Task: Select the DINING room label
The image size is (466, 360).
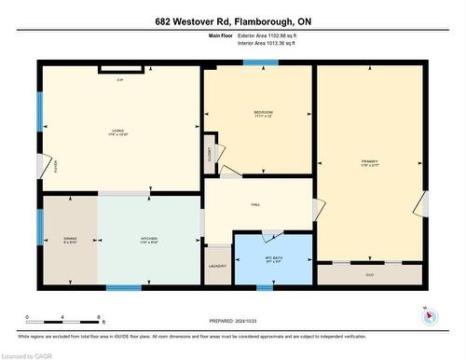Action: pyautogui.click(x=68, y=237)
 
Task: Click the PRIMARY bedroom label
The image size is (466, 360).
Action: pyautogui.click(x=370, y=161)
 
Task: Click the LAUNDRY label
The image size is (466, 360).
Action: pyautogui.click(x=217, y=267)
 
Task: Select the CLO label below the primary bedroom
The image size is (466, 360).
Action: pyautogui.click(x=369, y=275)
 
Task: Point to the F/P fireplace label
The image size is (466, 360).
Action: pyautogui.click(x=121, y=78)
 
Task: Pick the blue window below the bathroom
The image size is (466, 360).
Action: pyautogui.click(x=265, y=287)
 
